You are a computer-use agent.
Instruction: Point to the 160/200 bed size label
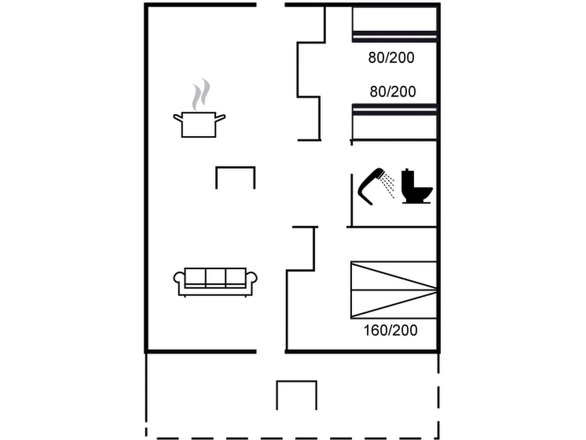point(391,330)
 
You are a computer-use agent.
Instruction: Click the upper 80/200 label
point(391,58)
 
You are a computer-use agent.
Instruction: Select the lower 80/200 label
point(393,92)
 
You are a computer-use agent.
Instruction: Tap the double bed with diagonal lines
point(394,290)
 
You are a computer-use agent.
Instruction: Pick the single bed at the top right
point(395,24)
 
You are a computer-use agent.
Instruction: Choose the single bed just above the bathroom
point(395,122)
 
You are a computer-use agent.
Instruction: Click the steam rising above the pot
point(201,94)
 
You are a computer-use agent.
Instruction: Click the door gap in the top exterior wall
point(271,5)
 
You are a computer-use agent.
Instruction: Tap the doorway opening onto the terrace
point(271,351)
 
